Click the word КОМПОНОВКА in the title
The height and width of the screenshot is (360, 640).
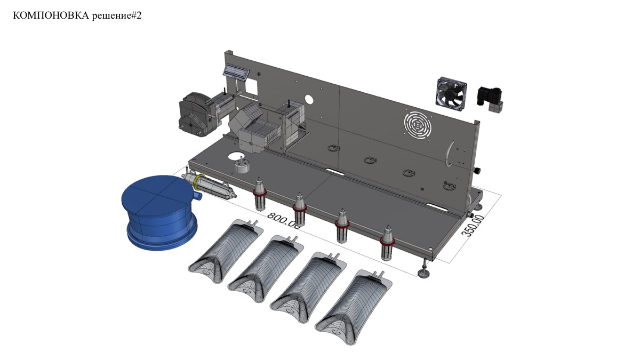51,15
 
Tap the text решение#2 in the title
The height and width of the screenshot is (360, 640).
117,16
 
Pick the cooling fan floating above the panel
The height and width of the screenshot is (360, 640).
451,94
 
